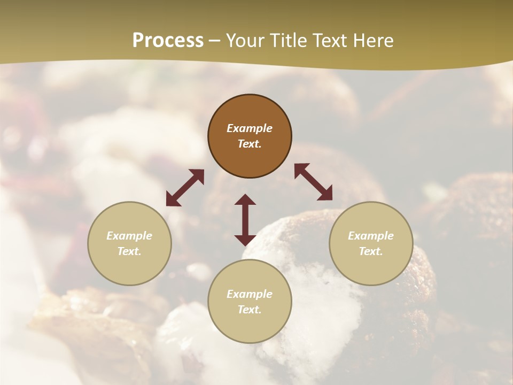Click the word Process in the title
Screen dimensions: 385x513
coord(168,41)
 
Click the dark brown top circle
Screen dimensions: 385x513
coord(250,107)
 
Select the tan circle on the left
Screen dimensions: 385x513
coord(129,267)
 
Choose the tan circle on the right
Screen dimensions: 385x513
coord(371,267)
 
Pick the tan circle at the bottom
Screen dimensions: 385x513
coord(250,326)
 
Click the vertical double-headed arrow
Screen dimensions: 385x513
coord(245,220)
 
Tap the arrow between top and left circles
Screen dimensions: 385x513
coord(185,188)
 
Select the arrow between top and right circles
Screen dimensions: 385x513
coord(313,182)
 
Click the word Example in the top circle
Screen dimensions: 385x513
coord(250,128)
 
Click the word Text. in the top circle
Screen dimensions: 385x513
coord(250,144)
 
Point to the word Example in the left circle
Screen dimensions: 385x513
coord(129,236)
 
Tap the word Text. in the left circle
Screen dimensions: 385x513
coord(129,251)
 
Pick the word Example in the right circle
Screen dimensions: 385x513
coord(371,236)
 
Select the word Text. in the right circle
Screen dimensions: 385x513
coord(371,251)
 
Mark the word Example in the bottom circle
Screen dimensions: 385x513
coord(250,294)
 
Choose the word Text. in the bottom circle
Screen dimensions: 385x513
coord(250,310)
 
